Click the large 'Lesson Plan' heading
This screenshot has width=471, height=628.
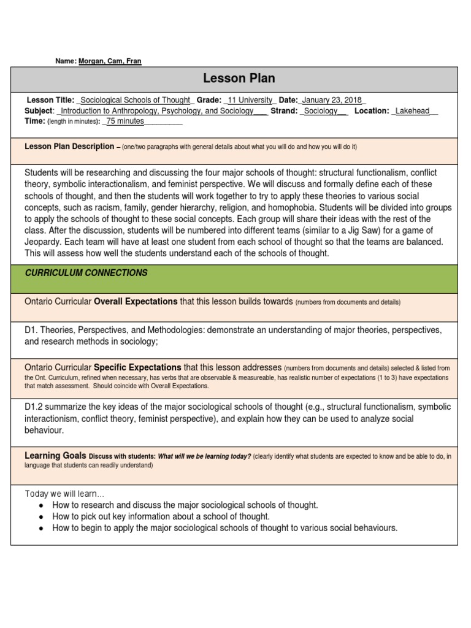(239, 78)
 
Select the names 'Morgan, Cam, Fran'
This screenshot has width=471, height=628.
(110, 61)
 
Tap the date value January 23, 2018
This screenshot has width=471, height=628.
(333, 101)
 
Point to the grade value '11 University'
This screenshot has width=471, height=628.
(251, 101)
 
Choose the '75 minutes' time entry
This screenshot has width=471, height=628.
(125, 121)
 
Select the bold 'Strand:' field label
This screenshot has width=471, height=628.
(283, 111)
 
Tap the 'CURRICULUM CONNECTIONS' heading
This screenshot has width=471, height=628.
(86, 273)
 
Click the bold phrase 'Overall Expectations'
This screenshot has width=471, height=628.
(136, 302)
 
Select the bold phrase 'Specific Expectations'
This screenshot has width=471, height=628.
(137, 367)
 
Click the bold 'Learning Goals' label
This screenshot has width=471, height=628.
(55, 456)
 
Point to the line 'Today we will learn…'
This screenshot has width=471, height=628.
(64, 494)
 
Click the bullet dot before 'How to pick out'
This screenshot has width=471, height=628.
(40, 517)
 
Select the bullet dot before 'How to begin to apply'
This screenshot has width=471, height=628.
(40, 528)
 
